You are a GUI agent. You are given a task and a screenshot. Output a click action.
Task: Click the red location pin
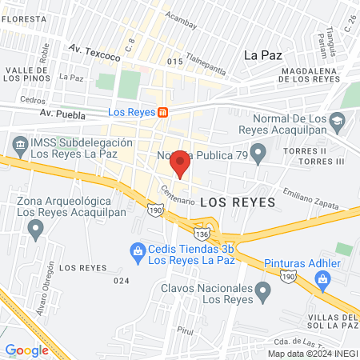pos(181,163)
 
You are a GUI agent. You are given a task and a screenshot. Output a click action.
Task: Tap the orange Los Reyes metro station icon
pos(162,112)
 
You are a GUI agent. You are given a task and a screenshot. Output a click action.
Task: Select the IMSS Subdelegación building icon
pos(18,143)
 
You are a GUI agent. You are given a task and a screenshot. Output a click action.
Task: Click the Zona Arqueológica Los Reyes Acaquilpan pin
pos(34,230)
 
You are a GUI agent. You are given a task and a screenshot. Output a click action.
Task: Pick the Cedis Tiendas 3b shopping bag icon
pos(136,251)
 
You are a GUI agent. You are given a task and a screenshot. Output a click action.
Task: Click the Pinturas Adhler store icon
pos(323,278)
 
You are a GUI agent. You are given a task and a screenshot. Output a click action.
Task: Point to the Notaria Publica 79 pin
pos(258,152)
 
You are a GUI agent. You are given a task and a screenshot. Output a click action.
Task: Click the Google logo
pos(26,350)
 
